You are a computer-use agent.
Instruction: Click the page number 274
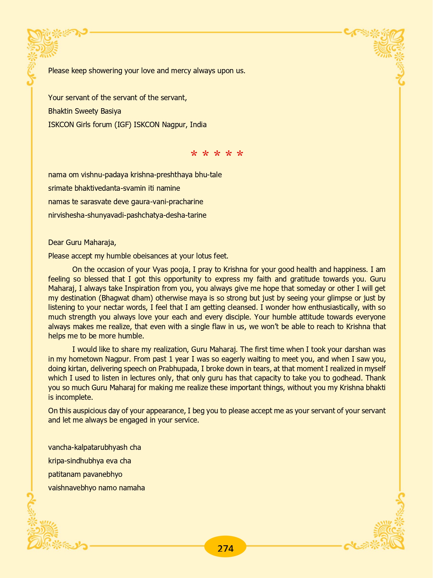[225, 548]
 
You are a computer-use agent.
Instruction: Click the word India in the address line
[198, 125]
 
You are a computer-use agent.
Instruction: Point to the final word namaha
[132, 488]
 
